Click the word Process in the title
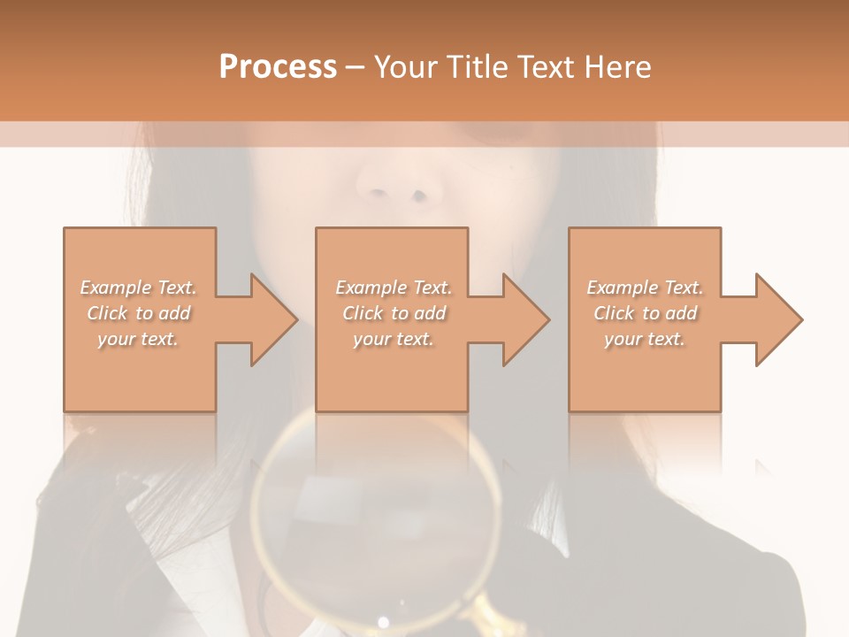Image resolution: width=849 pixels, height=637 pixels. coord(278,67)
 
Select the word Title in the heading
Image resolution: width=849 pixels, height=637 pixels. coord(478,67)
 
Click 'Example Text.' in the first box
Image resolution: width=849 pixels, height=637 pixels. coord(138,288)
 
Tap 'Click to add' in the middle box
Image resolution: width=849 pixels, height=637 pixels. coord(394,313)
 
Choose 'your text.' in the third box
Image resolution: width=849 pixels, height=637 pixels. coord(644,339)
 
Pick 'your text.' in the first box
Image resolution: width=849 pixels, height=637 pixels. coord(138,339)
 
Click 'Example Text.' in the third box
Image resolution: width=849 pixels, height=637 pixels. coord(645,288)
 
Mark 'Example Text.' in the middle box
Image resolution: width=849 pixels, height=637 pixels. coord(394,288)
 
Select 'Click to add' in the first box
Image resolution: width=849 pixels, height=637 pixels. coord(138,313)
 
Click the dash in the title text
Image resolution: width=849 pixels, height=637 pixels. coord(356,67)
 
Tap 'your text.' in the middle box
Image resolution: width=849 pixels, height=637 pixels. coord(393,339)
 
